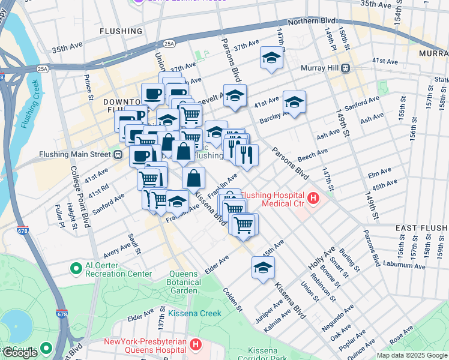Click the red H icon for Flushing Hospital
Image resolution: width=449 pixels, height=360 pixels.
click(x=313, y=197)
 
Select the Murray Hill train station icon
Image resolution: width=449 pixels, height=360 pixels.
click(x=345, y=68)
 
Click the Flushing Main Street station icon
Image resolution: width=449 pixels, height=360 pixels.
click(x=118, y=154)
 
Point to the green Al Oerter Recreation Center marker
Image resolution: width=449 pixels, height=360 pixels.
click(x=76, y=268)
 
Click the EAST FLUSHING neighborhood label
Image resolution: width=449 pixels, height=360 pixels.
click(x=421, y=228)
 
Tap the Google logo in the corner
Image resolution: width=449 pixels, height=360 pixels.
click(x=20, y=353)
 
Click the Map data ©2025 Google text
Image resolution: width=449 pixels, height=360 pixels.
click(x=412, y=355)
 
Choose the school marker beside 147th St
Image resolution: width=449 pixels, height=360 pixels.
click(x=271, y=58)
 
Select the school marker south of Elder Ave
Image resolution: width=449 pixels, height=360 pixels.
click(x=263, y=268)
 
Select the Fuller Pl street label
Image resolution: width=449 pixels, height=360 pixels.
click(x=60, y=212)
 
